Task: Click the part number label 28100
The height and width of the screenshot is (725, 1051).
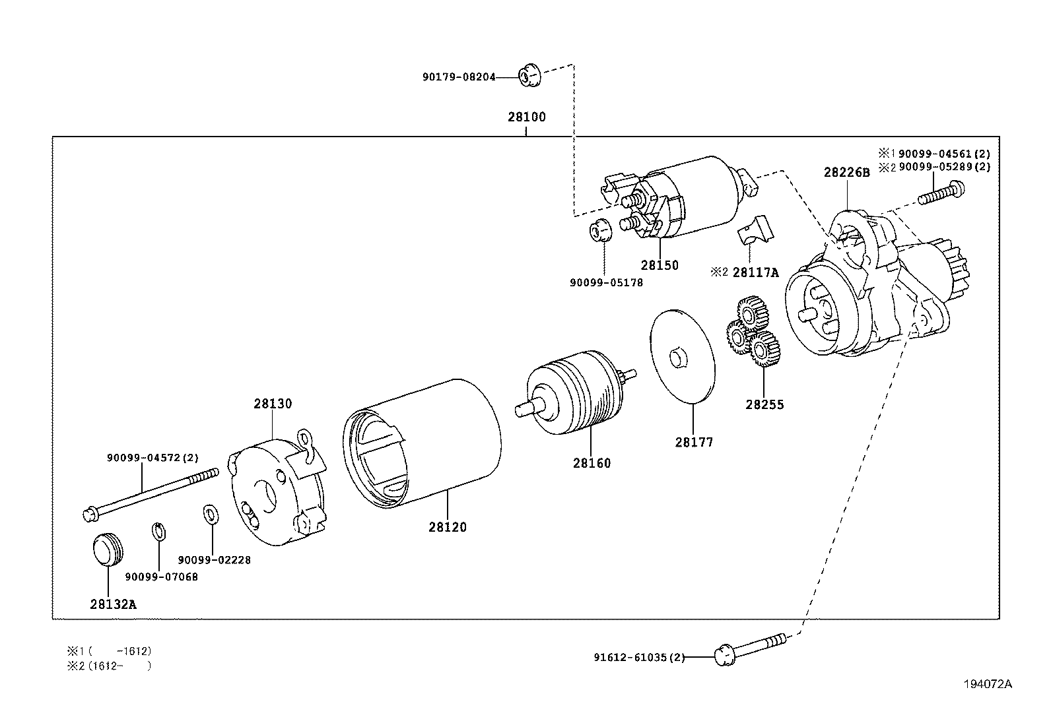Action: click(526, 117)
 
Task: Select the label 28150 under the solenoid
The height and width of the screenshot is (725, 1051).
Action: click(659, 265)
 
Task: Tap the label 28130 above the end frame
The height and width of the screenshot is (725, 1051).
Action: click(272, 404)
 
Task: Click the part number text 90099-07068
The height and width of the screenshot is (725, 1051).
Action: click(161, 577)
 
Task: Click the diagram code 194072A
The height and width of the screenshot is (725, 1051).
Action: click(986, 684)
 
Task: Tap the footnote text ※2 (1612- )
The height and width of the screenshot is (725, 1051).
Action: click(110, 666)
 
